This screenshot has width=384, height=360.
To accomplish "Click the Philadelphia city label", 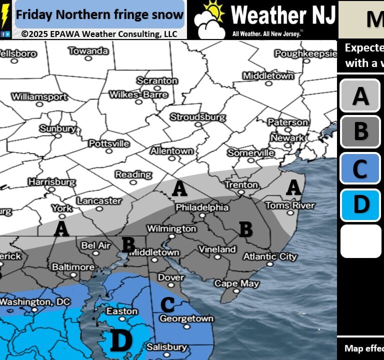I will pyautogui.click(x=201, y=207).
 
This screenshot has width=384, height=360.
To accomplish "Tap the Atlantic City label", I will pyautogui.click(x=269, y=256).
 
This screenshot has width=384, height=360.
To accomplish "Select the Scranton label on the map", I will pyautogui.click(x=157, y=80).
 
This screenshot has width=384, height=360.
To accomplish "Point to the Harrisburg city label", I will pyautogui.click(x=52, y=182).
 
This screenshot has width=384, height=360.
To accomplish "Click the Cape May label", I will pyautogui.click(x=236, y=283).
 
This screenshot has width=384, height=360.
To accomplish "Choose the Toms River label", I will pyautogui.click(x=290, y=205).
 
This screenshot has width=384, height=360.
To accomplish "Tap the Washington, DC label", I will pyautogui.click(x=32, y=302).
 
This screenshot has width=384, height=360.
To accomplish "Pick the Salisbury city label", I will pyautogui.click(x=166, y=347).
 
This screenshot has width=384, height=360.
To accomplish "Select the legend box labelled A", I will pyautogui.click(x=360, y=95).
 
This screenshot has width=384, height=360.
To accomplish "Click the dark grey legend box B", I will pyautogui.click(x=360, y=132).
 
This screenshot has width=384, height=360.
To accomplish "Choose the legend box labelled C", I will pyautogui.click(x=360, y=168).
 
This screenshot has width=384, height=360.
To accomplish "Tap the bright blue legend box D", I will pyautogui.click(x=360, y=204).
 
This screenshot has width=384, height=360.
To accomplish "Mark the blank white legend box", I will pyautogui.click(x=360, y=241).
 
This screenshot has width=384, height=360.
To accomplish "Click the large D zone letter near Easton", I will pyautogui.click(x=120, y=341).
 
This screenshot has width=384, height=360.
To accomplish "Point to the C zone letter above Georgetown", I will pyautogui.click(x=167, y=303).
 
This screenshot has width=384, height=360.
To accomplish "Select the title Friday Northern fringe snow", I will pyautogui.click(x=99, y=14).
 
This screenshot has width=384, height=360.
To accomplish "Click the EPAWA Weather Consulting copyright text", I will pyautogui.click(x=99, y=34).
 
